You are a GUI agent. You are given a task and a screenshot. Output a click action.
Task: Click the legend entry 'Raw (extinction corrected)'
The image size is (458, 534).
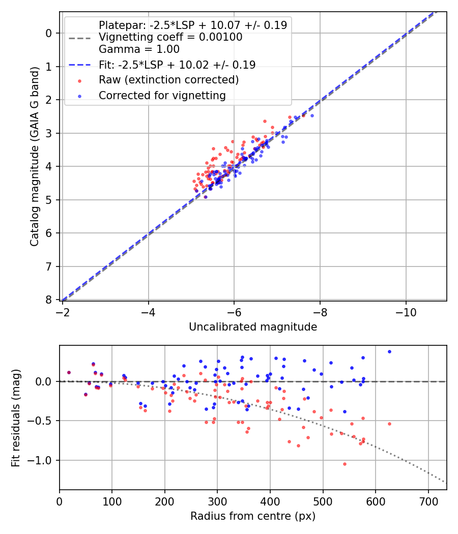(168, 80)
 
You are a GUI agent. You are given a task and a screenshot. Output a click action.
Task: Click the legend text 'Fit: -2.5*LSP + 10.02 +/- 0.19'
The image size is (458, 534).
(177, 65)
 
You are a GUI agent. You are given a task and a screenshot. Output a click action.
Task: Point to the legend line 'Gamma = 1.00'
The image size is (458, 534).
(139, 49)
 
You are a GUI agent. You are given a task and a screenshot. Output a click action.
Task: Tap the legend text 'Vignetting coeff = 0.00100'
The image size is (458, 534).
(170, 37)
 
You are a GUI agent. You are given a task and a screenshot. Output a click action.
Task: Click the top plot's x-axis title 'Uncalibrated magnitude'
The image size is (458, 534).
(253, 327)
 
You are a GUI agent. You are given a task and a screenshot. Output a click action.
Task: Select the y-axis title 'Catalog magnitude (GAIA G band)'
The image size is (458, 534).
(35, 156)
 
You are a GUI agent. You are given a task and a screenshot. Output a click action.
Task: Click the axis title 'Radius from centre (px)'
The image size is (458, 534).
(253, 516)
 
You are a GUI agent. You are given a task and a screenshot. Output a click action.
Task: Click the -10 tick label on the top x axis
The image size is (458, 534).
(406, 310)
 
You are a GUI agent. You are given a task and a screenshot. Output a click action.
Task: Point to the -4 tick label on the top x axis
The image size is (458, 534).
(149, 310)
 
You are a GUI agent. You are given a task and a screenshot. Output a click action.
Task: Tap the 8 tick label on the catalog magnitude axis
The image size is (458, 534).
(49, 300)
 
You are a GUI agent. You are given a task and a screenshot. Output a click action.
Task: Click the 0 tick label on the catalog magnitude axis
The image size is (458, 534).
(49, 34)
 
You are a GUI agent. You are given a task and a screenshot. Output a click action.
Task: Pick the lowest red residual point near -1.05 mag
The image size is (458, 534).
(345, 464)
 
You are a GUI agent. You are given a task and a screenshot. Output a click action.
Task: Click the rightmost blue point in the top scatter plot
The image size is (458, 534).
(312, 115)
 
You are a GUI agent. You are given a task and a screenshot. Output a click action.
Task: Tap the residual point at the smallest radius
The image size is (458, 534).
(69, 372)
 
